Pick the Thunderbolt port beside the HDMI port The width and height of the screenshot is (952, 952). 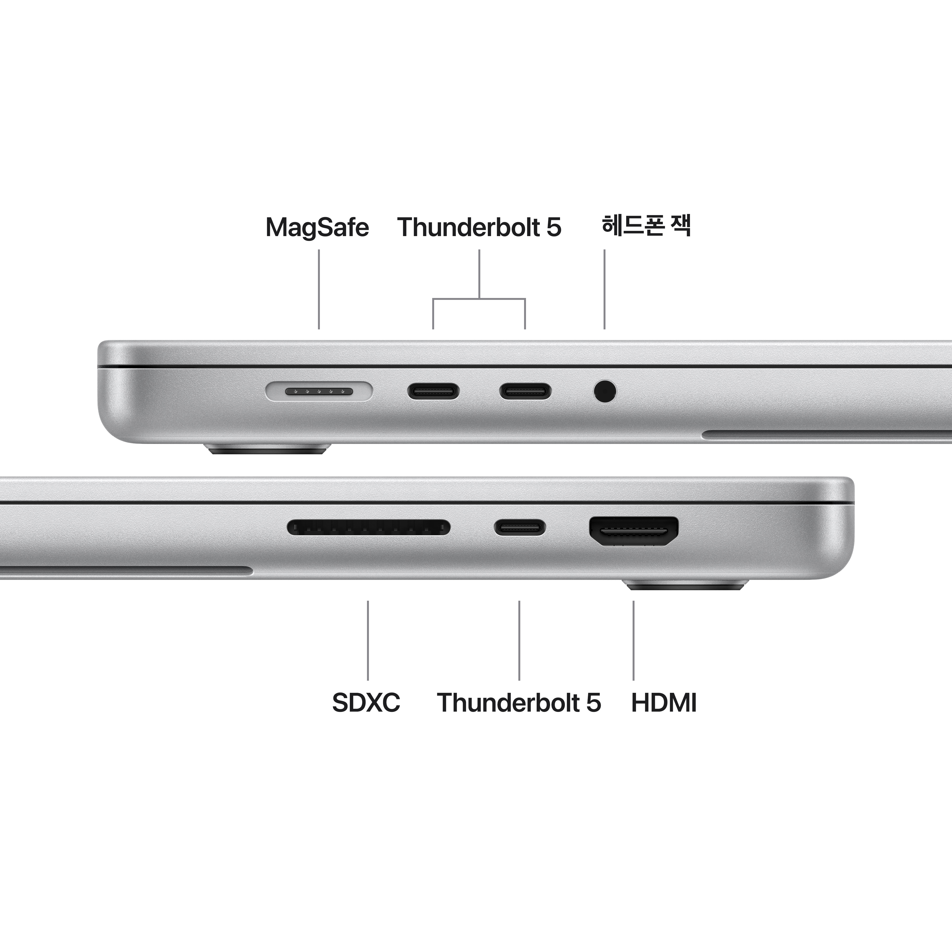point(520,527)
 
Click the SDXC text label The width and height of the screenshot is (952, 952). point(366,703)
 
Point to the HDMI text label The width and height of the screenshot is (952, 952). point(664,703)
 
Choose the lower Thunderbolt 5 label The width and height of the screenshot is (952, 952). point(519,703)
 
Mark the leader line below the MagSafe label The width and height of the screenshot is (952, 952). point(319,289)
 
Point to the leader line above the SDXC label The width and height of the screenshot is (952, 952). point(368,641)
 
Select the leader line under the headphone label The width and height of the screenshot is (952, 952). point(605,289)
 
